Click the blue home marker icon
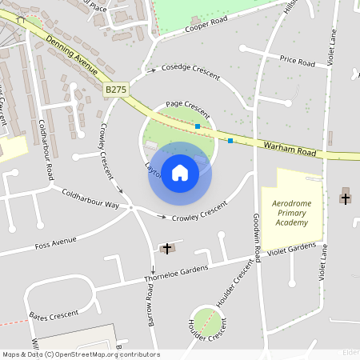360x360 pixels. (x=180, y=173)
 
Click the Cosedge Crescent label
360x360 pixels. (x=190, y=69)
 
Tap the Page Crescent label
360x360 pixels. (x=187, y=105)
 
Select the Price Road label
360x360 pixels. (x=298, y=61)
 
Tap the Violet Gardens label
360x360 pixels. (x=291, y=250)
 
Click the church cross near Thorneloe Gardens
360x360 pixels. (x=167, y=249)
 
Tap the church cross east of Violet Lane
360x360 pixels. (x=346, y=195)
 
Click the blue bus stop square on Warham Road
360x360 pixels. (x=230, y=141)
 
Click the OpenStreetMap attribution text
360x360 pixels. (x=80, y=354)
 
